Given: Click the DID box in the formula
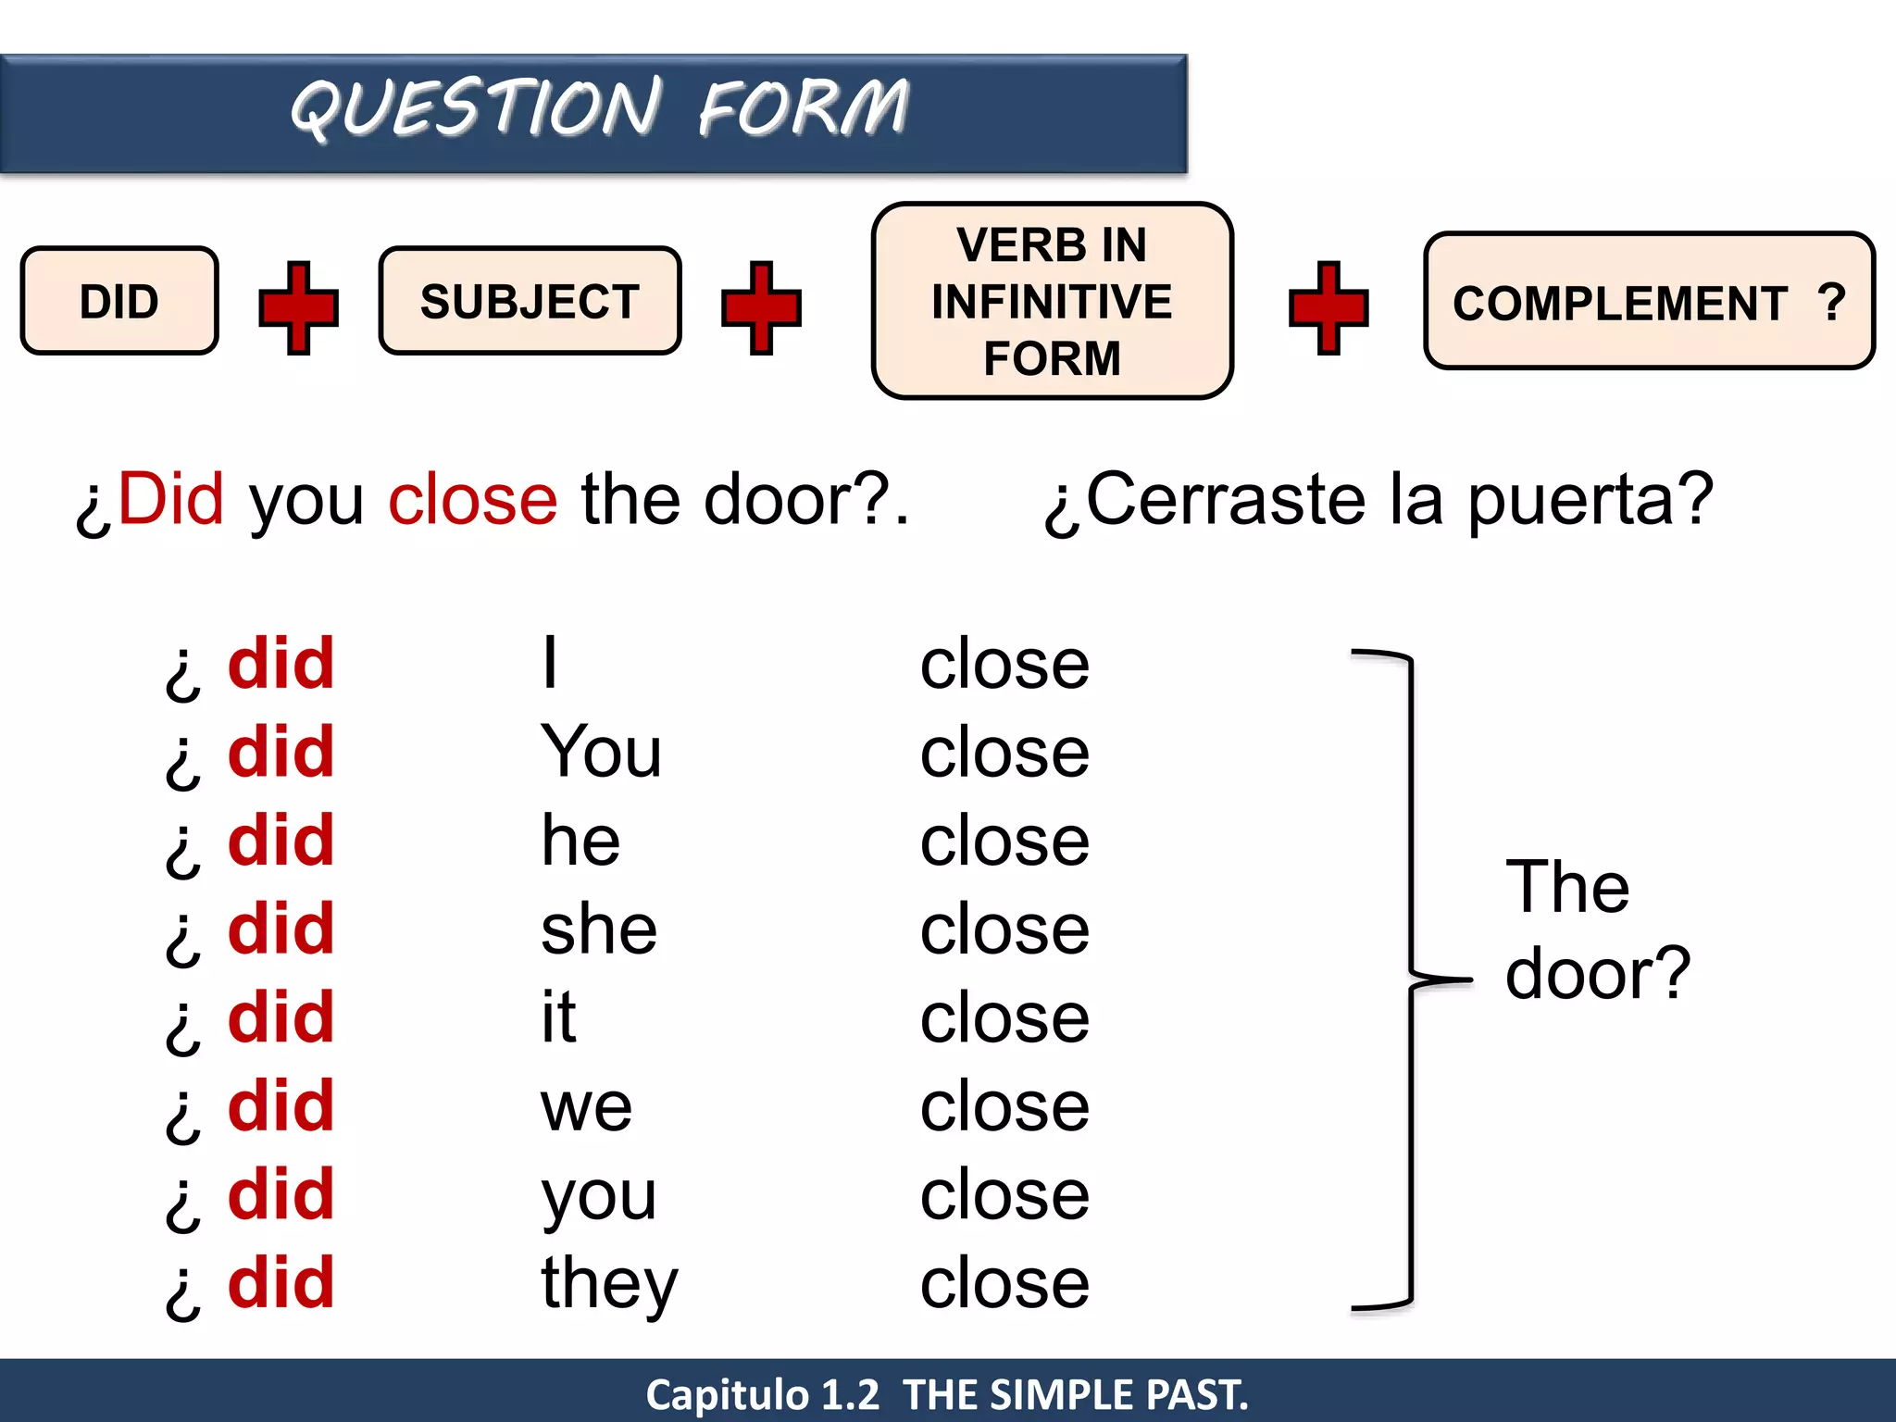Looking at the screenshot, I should [119, 301].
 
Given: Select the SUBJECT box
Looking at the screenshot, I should [530, 301].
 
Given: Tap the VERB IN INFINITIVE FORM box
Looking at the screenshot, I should [1052, 301].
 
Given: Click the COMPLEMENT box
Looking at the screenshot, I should [1648, 302].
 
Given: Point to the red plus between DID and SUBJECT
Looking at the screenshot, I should [298, 307].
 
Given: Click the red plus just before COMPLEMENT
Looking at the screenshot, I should [1328, 307].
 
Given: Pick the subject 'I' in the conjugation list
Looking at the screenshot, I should [550, 663].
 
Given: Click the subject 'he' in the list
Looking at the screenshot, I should [580, 841].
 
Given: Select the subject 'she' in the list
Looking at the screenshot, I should [598, 929].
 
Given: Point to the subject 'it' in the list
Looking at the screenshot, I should [558, 1017].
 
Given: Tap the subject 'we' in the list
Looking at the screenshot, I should [586, 1107].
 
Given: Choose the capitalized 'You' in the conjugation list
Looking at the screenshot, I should [601, 752].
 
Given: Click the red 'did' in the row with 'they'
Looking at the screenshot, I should [281, 1283].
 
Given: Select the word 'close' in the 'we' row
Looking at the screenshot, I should [1004, 1106].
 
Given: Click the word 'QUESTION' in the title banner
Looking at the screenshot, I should [476, 107].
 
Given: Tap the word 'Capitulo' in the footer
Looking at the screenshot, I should [727, 1394].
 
